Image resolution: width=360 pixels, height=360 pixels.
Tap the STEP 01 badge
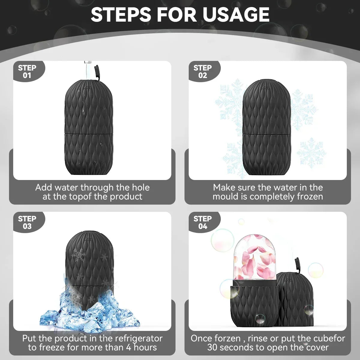pyautogui.click(x=27, y=72)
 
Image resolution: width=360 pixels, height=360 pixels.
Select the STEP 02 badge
pyautogui.click(x=202, y=72)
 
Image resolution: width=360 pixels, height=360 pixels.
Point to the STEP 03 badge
pyautogui.click(x=27, y=223)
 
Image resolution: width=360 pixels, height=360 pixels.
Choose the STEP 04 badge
pyautogui.click(x=202, y=223)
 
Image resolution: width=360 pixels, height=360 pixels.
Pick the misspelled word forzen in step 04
pyautogui.click(x=228, y=338)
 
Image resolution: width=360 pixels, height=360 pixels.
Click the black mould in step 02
pyautogui.click(x=266, y=127)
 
